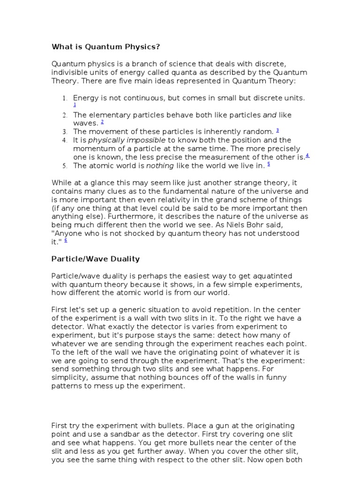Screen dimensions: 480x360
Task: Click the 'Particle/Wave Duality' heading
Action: (x=95, y=259)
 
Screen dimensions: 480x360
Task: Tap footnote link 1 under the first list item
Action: (x=75, y=105)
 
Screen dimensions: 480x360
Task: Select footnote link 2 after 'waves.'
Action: (x=102, y=122)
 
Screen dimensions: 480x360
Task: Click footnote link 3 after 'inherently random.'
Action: (x=277, y=130)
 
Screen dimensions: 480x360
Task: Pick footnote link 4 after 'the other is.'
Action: (x=307, y=156)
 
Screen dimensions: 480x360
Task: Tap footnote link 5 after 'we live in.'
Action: (x=269, y=164)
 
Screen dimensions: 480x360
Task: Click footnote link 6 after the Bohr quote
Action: (x=66, y=240)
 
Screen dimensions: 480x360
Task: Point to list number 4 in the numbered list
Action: (x=65, y=140)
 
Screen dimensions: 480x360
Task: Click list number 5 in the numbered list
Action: (x=65, y=166)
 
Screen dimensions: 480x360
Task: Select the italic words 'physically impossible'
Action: (x=127, y=140)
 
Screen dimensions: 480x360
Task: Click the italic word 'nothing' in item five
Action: (x=160, y=165)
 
